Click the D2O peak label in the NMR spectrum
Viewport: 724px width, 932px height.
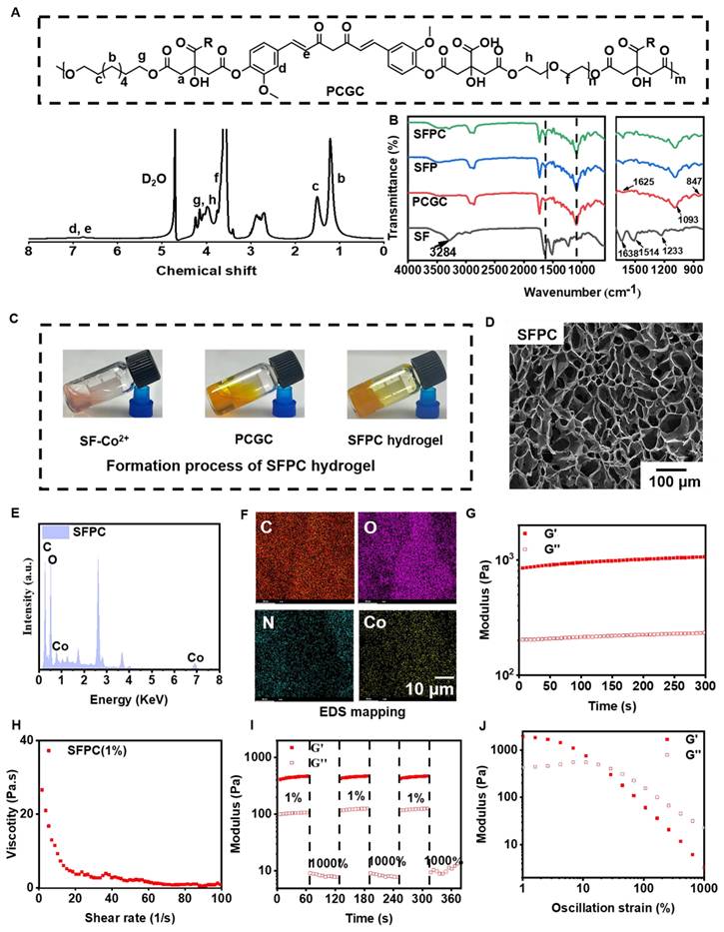154,180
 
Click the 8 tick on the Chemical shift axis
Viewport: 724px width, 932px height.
28,254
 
